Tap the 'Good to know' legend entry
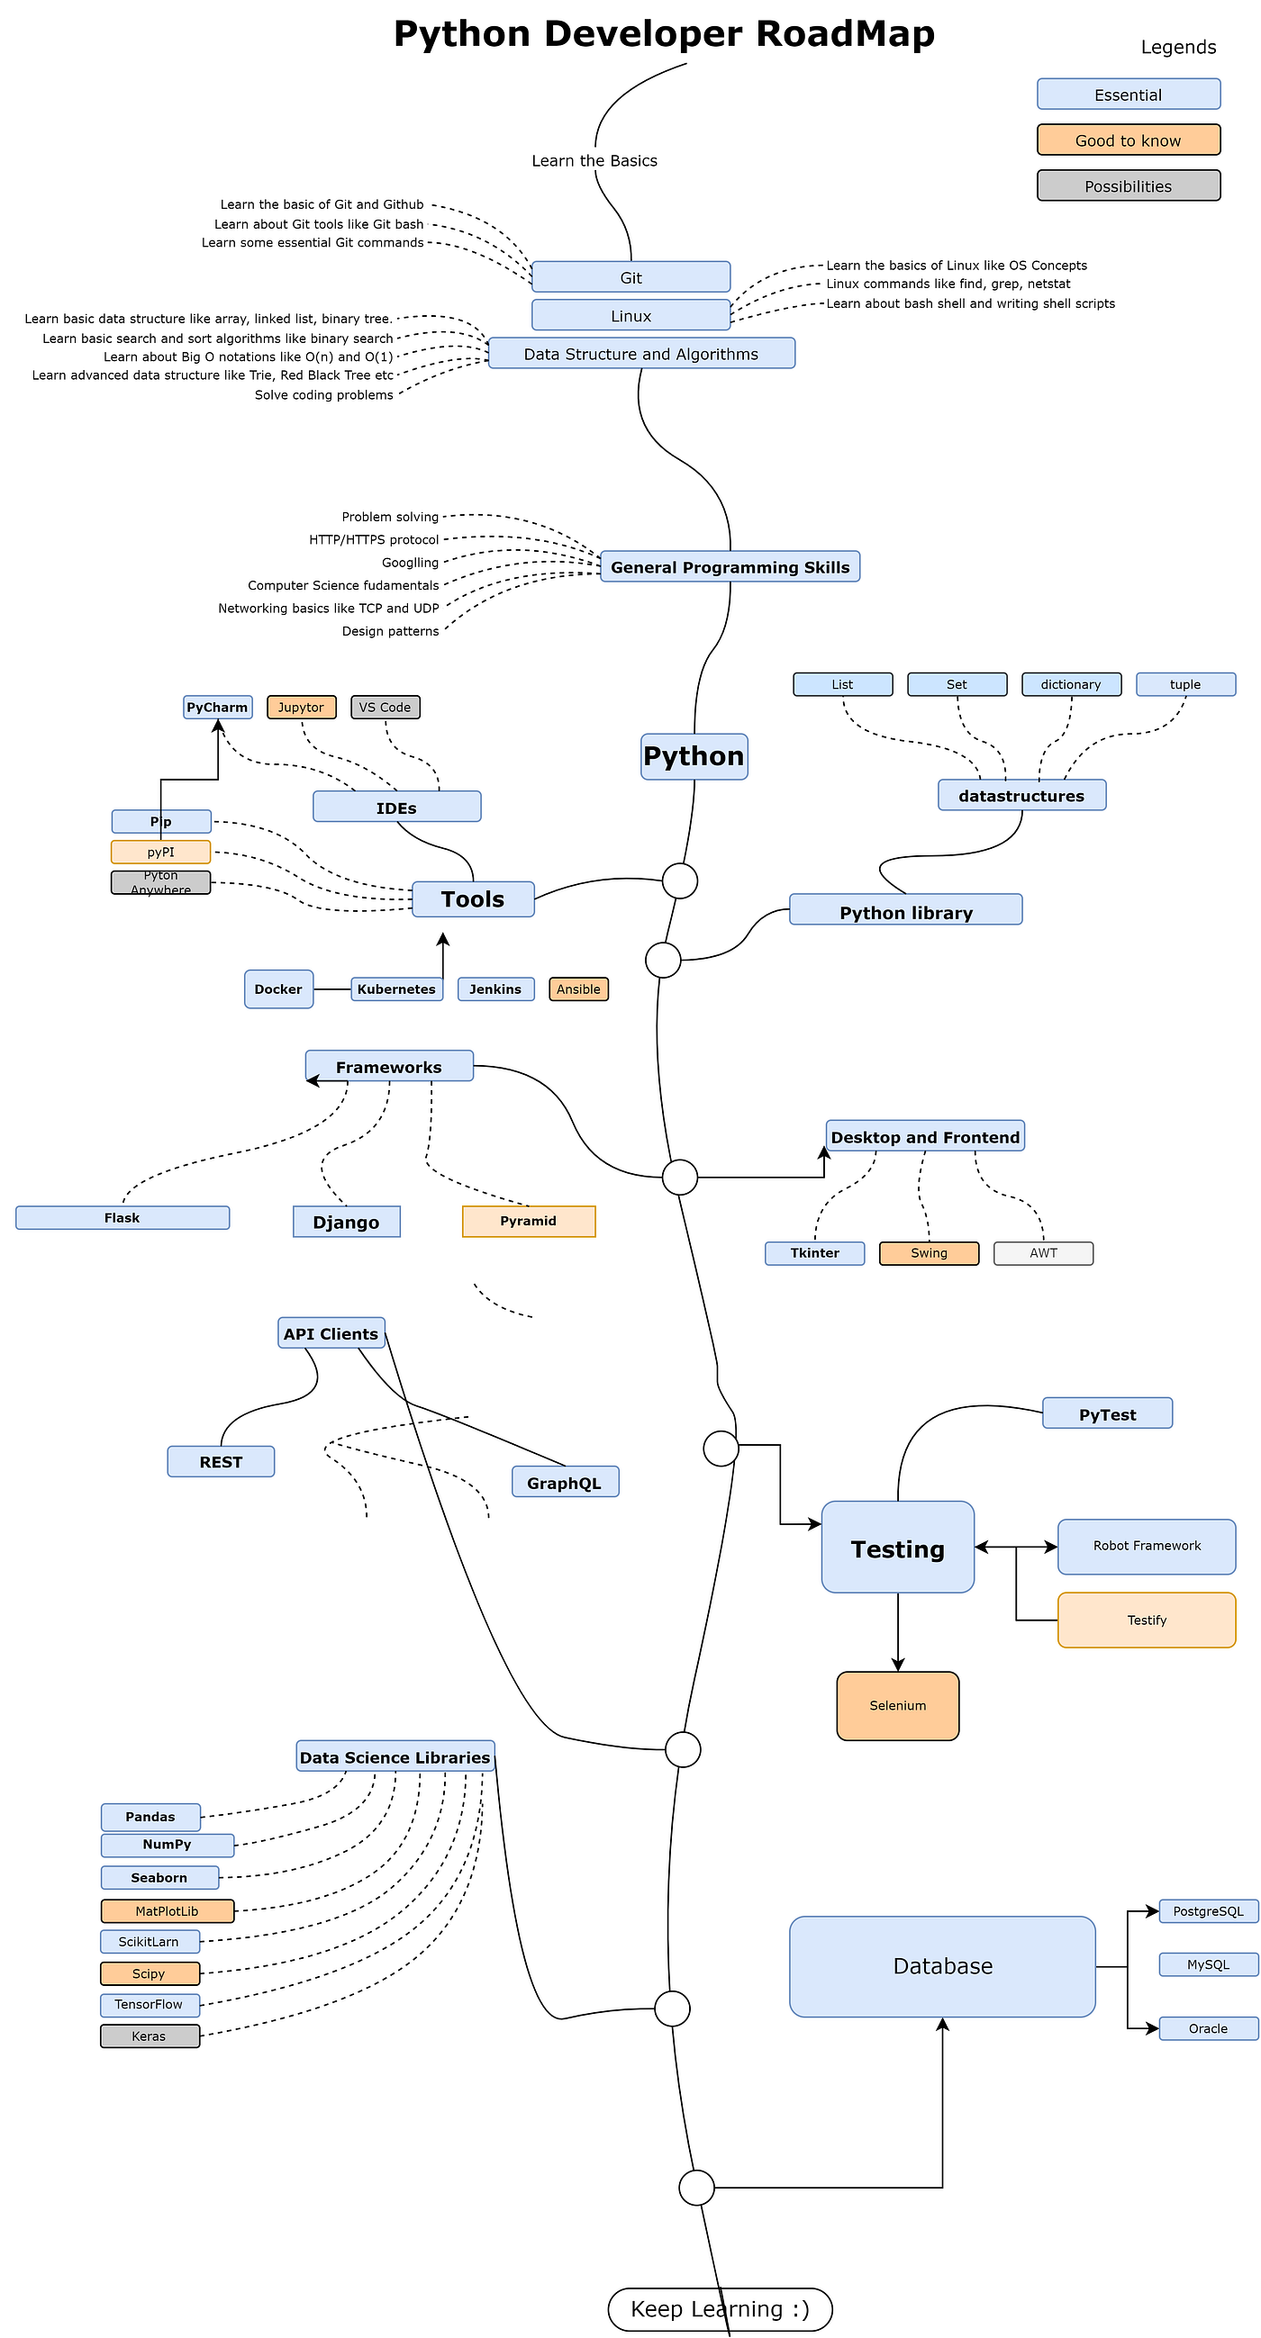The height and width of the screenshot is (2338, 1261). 1128,140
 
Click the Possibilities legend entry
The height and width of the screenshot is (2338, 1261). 1128,185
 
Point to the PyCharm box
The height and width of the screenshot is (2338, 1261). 217,707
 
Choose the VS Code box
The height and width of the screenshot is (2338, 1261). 385,707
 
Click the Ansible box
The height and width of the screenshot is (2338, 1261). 578,988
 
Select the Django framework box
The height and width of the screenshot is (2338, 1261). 346,1222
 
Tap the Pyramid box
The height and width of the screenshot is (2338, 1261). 529,1221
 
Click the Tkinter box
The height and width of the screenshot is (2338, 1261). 814,1252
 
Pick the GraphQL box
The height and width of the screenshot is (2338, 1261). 565,1482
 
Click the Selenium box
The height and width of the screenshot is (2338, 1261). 897,1705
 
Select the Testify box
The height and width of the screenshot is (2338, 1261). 1146,1620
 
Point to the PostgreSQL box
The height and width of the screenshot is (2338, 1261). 1208,1910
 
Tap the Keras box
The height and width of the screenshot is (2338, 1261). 150,2036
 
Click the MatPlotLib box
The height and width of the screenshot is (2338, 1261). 167,1910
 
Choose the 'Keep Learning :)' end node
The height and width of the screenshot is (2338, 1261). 719,2309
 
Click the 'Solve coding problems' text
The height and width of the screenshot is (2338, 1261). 324,395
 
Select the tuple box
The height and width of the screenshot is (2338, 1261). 1184,684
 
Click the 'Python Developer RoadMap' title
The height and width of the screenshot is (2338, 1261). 664,33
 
